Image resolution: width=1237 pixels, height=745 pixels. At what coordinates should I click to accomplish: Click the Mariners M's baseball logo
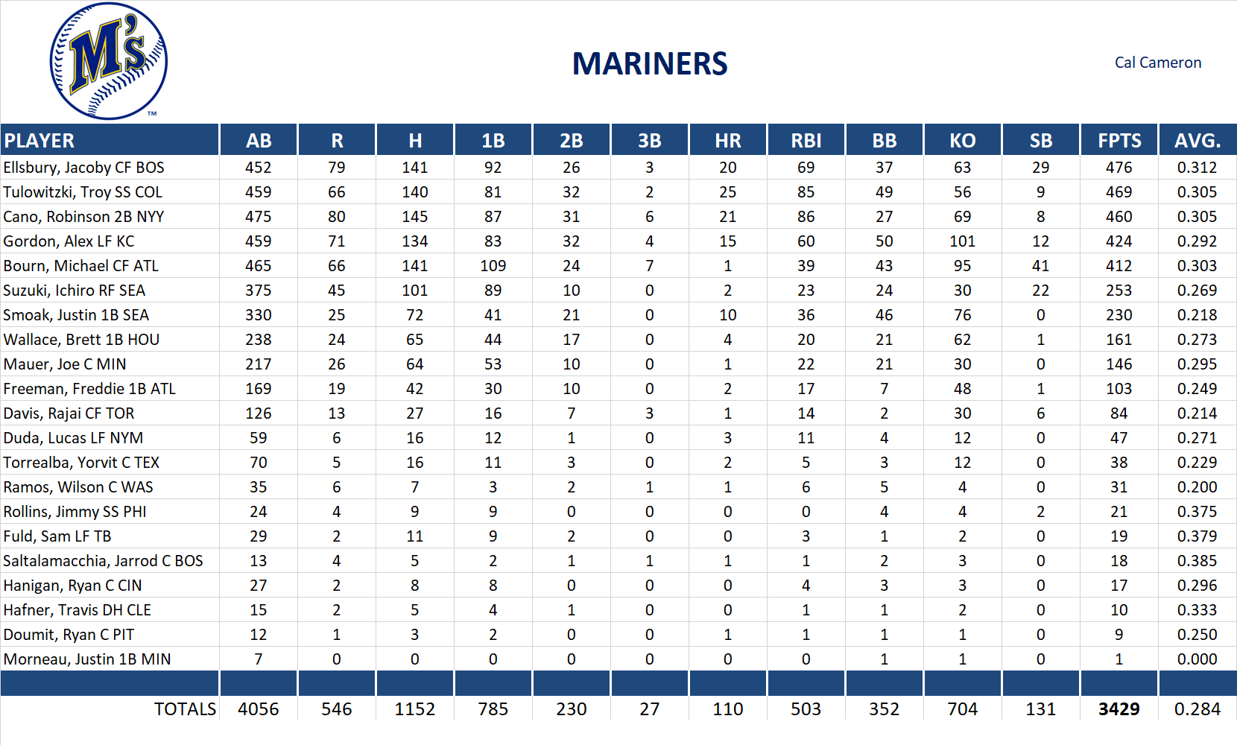(x=109, y=61)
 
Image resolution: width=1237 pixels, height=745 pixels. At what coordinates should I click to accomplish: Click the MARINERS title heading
(x=649, y=64)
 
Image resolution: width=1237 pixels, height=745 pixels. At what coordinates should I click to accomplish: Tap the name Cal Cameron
(x=1157, y=63)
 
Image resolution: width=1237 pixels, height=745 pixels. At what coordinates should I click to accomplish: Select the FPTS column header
(x=1119, y=141)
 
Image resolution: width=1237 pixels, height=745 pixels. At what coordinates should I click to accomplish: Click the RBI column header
(x=806, y=141)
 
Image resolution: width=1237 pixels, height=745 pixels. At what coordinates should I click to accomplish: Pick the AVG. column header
(x=1197, y=141)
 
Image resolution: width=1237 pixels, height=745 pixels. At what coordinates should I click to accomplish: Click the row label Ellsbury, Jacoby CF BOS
(x=84, y=168)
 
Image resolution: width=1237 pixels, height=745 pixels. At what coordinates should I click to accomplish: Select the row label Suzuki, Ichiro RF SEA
(x=75, y=291)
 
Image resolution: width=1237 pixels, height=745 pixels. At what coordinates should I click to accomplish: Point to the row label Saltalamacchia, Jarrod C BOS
(x=104, y=561)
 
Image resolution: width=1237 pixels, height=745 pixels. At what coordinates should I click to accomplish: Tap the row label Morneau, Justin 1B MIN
(x=87, y=659)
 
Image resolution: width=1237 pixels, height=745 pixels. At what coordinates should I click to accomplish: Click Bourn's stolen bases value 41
(x=1040, y=266)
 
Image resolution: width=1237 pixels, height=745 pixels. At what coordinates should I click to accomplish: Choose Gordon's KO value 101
(x=962, y=241)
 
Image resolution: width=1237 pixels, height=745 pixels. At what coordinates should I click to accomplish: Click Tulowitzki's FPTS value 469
(x=1119, y=192)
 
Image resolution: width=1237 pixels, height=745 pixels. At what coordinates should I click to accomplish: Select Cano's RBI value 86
(x=806, y=217)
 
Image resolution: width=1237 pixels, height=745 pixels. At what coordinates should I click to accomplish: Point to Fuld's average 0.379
(x=1197, y=536)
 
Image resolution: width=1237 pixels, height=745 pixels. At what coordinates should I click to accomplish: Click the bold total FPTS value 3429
(x=1119, y=709)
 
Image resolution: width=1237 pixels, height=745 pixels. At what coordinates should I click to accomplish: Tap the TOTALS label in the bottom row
(x=185, y=709)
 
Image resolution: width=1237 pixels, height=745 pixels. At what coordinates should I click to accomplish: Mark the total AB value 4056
(x=258, y=709)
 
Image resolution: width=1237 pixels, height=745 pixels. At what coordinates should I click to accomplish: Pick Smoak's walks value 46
(x=884, y=315)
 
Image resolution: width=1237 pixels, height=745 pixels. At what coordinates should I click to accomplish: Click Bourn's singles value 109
(x=493, y=266)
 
